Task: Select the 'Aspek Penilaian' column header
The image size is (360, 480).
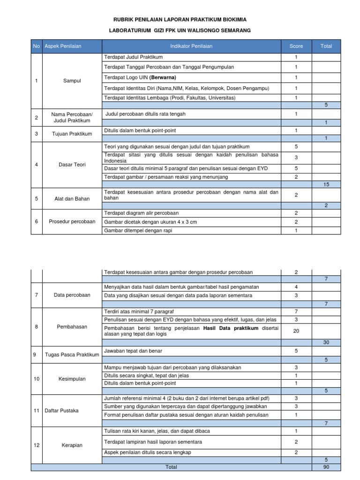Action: coord(63,46)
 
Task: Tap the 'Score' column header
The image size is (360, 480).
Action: coord(296,46)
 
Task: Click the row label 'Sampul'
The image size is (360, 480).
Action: coord(72,81)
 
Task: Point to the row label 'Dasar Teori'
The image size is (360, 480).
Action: coord(72,165)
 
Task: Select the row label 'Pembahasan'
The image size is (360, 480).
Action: coord(72,326)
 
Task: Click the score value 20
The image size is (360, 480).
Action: coord(296,331)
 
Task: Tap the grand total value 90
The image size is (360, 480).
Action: coord(326,467)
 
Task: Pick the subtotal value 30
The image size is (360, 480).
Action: coord(326,343)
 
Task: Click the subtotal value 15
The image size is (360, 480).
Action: coord(326,185)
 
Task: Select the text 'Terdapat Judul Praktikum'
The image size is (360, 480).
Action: coord(133,57)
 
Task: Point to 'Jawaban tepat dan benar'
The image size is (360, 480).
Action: coord(134,351)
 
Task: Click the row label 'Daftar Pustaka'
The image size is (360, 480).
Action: coord(61,411)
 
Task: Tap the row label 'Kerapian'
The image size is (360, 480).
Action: coord(72,445)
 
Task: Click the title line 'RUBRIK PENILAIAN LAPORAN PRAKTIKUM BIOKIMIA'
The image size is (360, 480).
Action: coord(180,19)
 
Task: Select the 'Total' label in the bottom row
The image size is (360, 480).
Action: coord(171,467)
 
